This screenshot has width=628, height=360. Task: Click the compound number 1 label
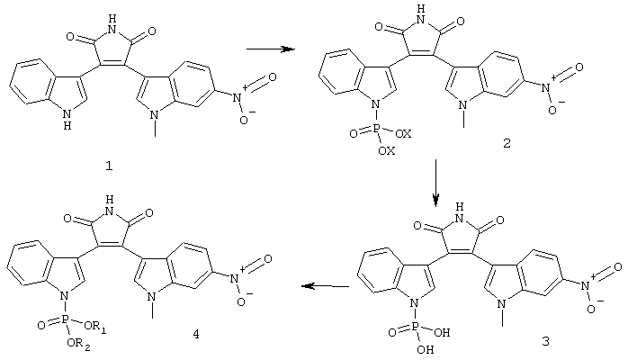(x=109, y=166)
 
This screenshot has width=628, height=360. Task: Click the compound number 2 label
(x=507, y=143)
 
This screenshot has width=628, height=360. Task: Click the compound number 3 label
(x=545, y=341)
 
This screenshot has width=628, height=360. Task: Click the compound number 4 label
(x=196, y=334)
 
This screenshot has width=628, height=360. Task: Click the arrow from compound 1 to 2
(x=270, y=49)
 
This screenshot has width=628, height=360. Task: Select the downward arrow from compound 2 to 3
(x=436, y=183)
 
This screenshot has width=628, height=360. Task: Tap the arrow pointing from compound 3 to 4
(x=325, y=286)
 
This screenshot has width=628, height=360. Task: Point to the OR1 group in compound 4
(x=95, y=327)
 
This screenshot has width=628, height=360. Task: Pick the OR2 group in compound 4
(x=78, y=344)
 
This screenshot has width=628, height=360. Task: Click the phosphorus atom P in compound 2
(x=377, y=129)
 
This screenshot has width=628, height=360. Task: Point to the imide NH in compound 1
(x=113, y=24)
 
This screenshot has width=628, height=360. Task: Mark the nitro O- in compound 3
(x=594, y=307)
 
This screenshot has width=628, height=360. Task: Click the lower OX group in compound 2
(x=387, y=150)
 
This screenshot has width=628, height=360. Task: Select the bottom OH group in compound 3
(x=426, y=349)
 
